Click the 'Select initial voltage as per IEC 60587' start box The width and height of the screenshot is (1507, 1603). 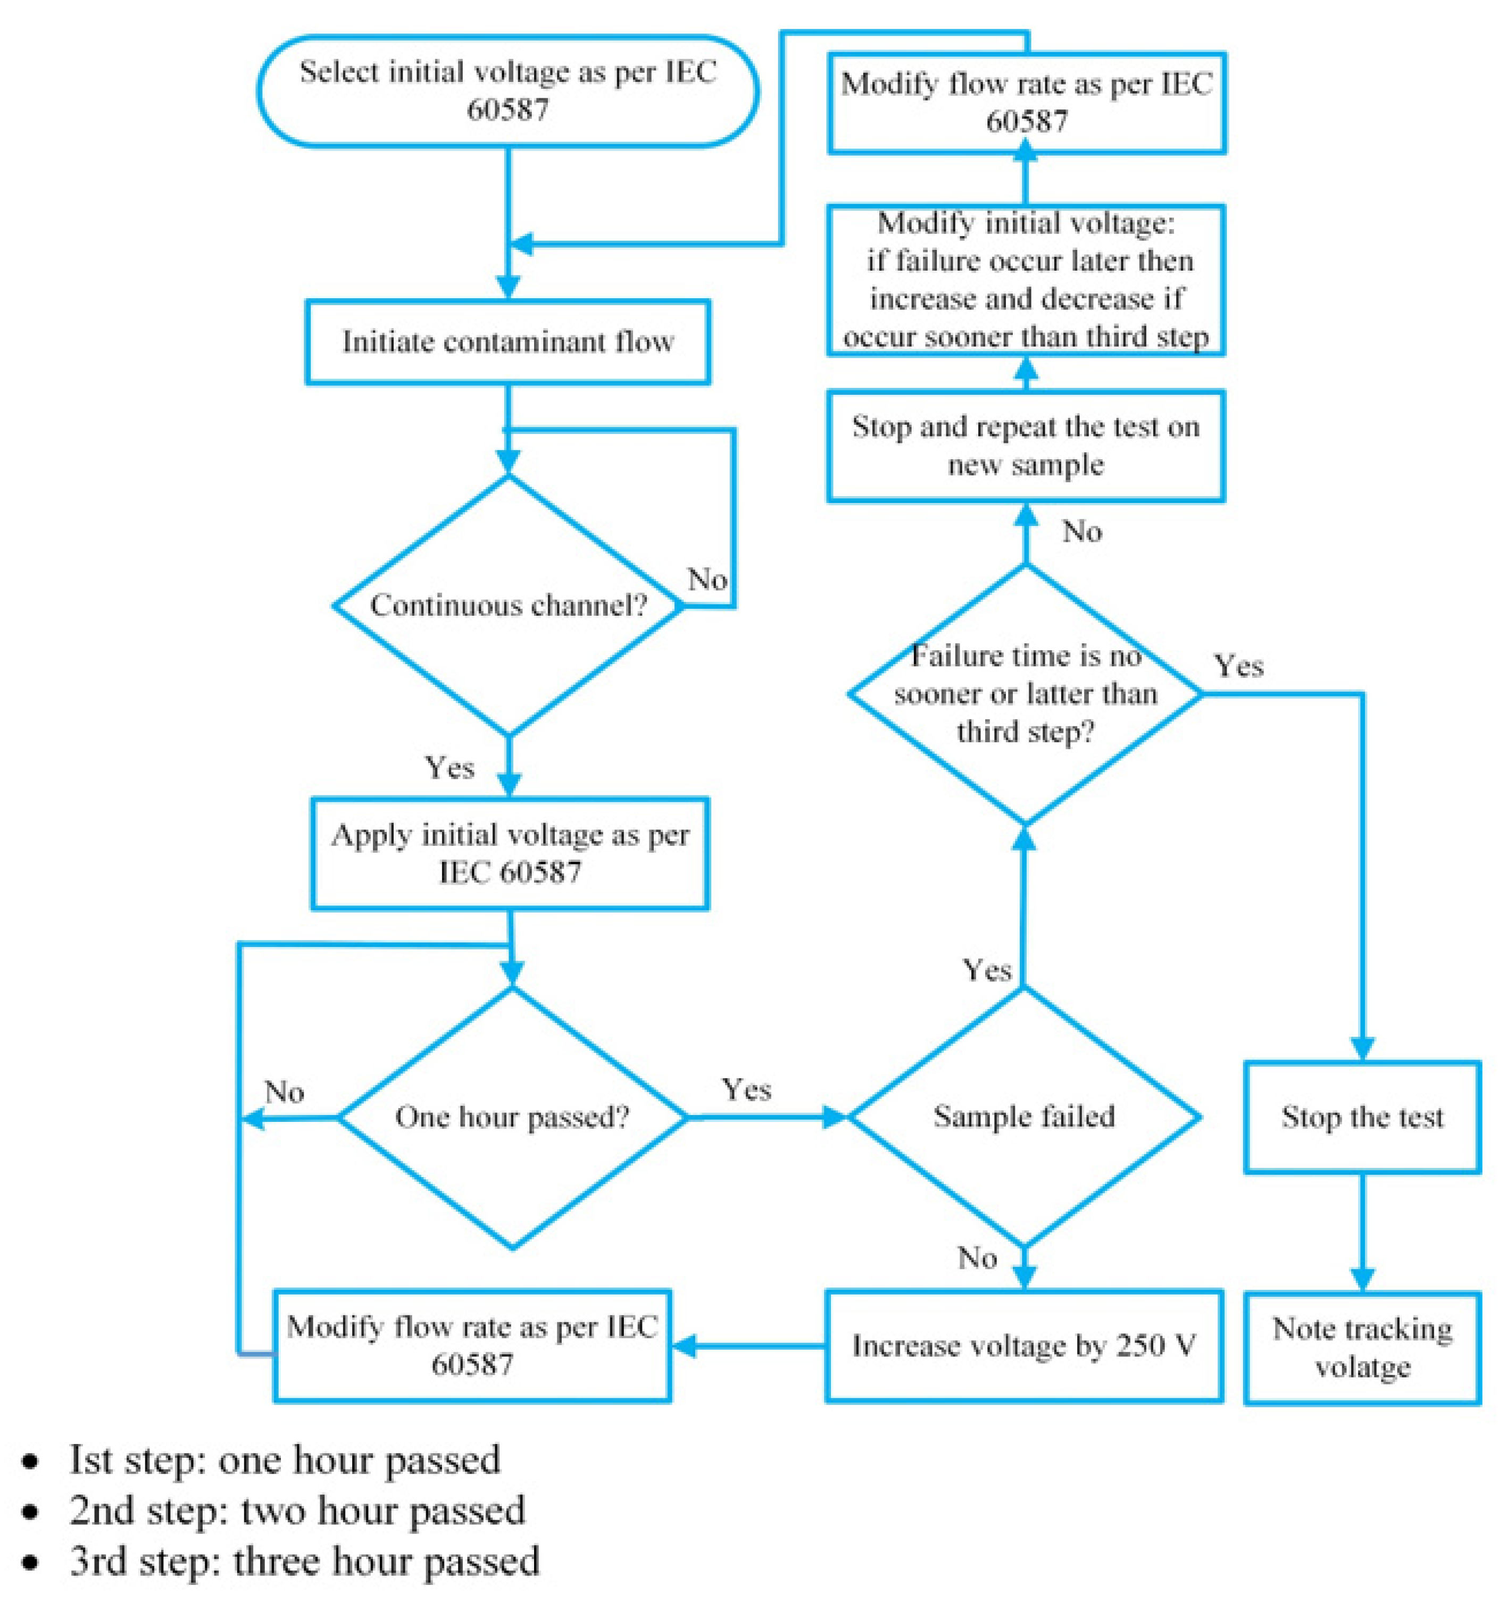pos(507,90)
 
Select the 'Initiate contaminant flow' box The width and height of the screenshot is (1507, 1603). pos(507,341)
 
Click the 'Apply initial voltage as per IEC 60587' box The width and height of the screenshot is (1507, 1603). pos(510,853)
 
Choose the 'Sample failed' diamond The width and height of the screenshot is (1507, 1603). pos(1024,1117)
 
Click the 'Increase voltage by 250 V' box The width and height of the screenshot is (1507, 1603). pos(1024,1346)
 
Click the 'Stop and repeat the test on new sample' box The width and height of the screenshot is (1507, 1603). pos(1026,446)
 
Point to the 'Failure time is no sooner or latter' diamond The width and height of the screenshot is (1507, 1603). pos(1025,693)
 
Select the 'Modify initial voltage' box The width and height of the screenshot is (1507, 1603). pos(1026,280)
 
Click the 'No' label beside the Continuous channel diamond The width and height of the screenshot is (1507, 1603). pos(707,579)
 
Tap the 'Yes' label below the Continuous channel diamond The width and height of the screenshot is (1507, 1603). pos(449,767)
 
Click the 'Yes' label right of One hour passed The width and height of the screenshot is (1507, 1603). pos(746,1089)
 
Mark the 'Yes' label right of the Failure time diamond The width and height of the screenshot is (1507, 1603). pos(1238,666)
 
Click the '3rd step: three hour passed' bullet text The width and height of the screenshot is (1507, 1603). pos(304,1560)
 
